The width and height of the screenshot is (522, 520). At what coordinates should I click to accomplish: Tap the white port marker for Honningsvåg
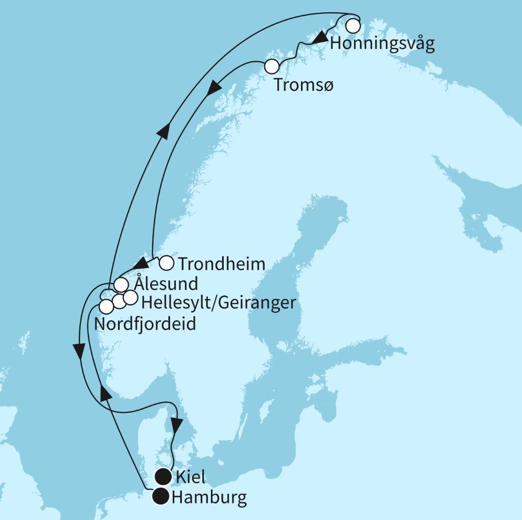point(352,25)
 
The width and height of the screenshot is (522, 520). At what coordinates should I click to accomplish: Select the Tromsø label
point(303,84)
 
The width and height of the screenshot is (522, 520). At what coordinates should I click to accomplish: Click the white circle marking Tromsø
point(272,67)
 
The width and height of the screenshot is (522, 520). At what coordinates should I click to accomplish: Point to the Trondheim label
point(222,264)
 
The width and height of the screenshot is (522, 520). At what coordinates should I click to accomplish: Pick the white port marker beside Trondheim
point(167,263)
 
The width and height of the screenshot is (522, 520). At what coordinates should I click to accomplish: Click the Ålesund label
point(166,283)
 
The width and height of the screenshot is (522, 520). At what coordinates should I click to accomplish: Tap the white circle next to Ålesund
point(122,284)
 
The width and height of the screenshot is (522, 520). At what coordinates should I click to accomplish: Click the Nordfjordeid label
point(144,324)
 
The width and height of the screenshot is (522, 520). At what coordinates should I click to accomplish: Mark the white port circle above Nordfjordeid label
point(107,306)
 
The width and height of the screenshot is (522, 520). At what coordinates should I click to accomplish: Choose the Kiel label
point(190,476)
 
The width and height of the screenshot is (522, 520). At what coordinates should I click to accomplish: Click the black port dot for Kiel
point(163,476)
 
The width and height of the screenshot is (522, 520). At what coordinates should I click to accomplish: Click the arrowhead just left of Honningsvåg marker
point(320,38)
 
